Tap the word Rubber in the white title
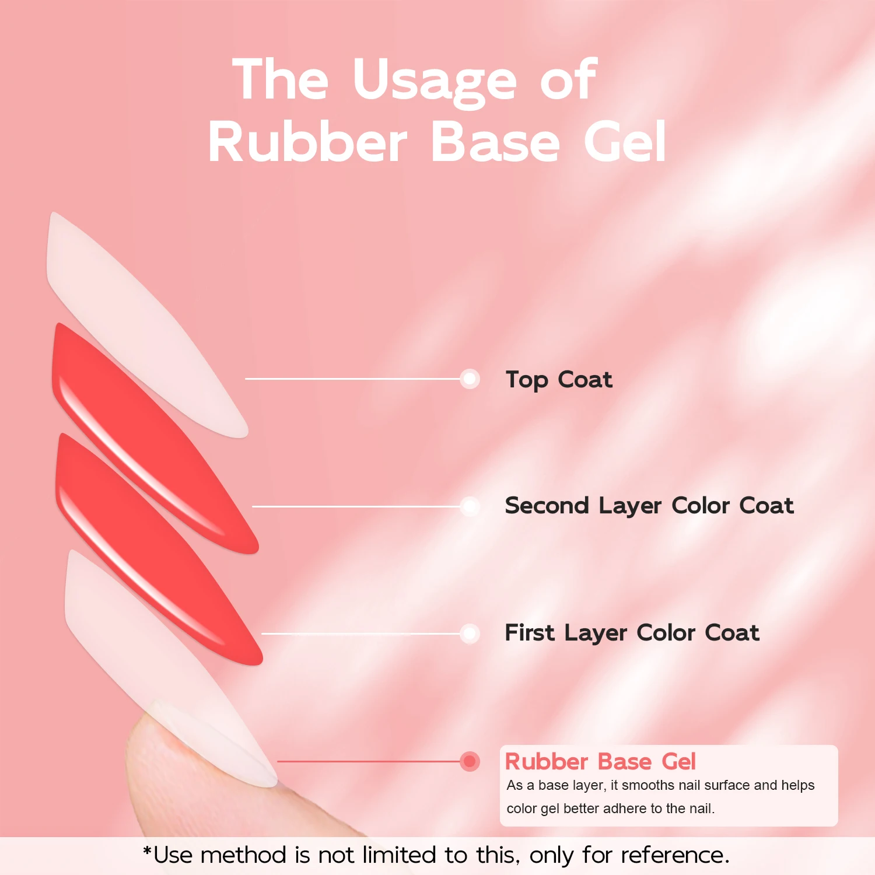(x=307, y=143)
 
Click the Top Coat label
(x=559, y=380)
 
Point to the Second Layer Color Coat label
(x=649, y=506)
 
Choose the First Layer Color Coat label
(x=632, y=633)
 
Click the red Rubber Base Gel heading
(x=600, y=762)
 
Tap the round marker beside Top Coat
(x=470, y=379)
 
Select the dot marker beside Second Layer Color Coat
(x=470, y=506)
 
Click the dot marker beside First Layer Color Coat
(x=470, y=633)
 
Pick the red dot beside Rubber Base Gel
(x=470, y=761)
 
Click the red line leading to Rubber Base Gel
(x=367, y=761)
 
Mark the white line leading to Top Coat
(x=350, y=379)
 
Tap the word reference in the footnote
(x=674, y=856)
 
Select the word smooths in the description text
(x=643, y=785)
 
